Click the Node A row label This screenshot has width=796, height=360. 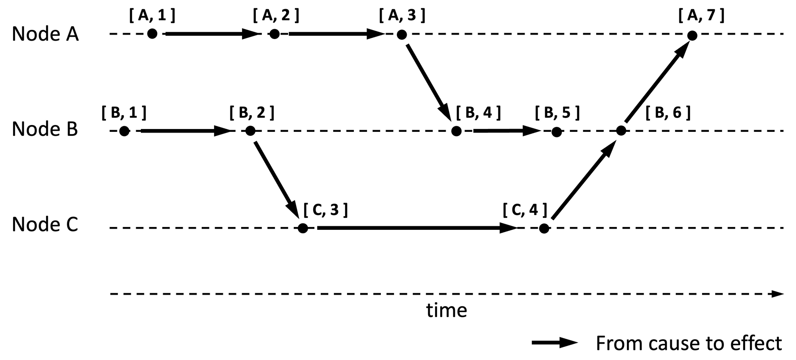point(45,34)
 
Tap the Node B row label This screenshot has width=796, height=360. point(45,129)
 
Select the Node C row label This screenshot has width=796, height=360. point(45,225)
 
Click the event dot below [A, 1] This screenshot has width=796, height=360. point(152,34)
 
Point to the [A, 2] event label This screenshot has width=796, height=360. point(276,16)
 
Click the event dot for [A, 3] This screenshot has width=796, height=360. point(402,35)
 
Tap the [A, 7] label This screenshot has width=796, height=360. point(701,16)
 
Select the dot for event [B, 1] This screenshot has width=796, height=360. point(124,131)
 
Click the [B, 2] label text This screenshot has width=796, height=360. point(252,113)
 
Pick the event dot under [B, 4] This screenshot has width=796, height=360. point(457,131)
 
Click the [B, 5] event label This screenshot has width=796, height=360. point(557,113)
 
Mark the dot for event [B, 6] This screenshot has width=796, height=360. point(621,131)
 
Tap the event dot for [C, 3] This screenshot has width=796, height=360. point(302,228)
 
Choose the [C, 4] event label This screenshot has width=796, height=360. point(525,210)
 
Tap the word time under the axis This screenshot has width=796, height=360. point(447,311)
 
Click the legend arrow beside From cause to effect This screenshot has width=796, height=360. point(555,343)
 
